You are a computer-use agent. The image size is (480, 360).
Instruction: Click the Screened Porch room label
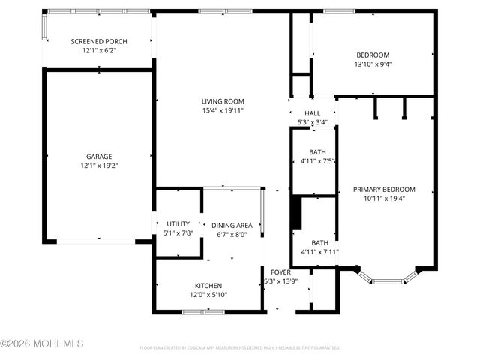[x=99, y=41]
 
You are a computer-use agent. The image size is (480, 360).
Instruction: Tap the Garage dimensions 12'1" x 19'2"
[x=99, y=166]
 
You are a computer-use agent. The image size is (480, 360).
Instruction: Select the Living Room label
[x=223, y=101]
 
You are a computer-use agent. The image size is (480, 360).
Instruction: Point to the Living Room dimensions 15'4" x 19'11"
[x=223, y=110]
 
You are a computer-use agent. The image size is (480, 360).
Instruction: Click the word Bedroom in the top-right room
[x=373, y=55]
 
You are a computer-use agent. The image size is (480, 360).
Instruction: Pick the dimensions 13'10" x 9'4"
[x=373, y=64]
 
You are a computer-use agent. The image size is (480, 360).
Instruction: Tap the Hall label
[x=313, y=113]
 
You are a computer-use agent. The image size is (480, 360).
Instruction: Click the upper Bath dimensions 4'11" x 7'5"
[x=317, y=160]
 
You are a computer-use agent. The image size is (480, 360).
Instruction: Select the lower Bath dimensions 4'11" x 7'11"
[x=319, y=252]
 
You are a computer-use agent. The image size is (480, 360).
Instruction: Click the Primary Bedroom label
[x=384, y=190]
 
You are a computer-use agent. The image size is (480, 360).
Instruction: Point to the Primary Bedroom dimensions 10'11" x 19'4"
[x=384, y=199]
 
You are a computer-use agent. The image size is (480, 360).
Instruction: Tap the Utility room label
[x=178, y=223]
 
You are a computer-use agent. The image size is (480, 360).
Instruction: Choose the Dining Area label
[x=232, y=225]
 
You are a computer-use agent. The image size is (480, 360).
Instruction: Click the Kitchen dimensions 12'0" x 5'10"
[x=207, y=295]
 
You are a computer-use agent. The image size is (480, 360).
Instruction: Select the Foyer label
[x=280, y=272]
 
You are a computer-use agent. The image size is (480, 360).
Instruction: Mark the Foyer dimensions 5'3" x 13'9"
[x=280, y=281]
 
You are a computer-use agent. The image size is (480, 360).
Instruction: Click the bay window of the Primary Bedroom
[x=388, y=280]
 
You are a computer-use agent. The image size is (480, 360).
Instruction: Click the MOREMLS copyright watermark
[x=42, y=343]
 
